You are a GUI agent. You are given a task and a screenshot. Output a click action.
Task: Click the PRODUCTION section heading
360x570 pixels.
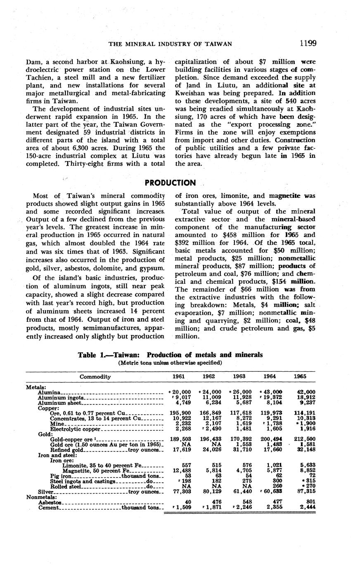pyautogui.click(x=171, y=183)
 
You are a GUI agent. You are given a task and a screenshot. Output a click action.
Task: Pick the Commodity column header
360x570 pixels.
pyautogui.click(x=95, y=377)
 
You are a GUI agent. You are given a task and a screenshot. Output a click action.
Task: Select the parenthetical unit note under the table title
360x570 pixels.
pyautogui.click(x=170, y=363)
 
